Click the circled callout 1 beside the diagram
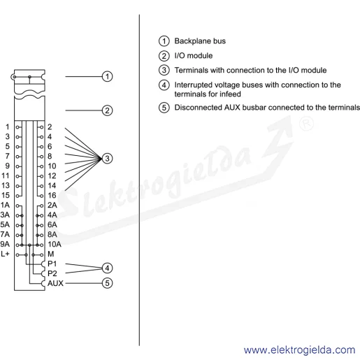tap(107, 76)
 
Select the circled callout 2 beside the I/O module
tap(107, 110)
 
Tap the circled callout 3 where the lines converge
tap(107, 159)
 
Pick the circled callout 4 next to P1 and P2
tap(107, 268)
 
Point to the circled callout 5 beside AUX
tap(107, 283)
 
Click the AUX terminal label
tap(55, 283)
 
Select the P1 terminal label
tap(52, 264)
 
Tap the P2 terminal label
tap(52, 273)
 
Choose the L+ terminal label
tap(5, 254)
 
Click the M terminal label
tap(51, 254)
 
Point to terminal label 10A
tap(55, 244)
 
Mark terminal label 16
tap(52, 195)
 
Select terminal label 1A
tap(5, 205)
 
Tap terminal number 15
tap(6, 195)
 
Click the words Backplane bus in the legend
tap(200, 41)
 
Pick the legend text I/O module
tap(194, 56)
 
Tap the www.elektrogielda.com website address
tap(300, 350)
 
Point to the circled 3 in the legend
tap(164, 70)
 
